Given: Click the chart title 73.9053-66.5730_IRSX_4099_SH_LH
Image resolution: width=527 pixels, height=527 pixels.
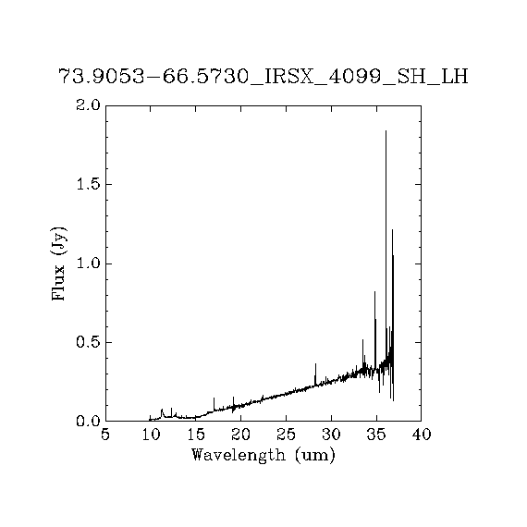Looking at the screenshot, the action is pyautogui.click(x=263, y=77).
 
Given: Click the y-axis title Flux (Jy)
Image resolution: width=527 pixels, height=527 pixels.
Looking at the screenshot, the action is pyautogui.click(x=58, y=263).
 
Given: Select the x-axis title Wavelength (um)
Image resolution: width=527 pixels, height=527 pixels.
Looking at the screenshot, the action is pyautogui.click(x=263, y=455).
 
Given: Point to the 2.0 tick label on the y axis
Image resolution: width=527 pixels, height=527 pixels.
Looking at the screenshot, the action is pyautogui.click(x=88, y=105).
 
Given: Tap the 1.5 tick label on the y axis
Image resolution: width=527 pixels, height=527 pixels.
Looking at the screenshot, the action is pyautogui.click(x=88, y=185).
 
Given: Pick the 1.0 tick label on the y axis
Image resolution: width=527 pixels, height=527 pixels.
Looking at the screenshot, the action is pyautogui.click(x=88, y=263).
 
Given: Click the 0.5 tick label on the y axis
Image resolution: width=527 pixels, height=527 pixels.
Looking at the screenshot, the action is pyautogui.click(x=88, y=342).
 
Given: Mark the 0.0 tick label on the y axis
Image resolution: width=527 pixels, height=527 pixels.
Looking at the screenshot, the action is pyautogui.click(x=88, y=421).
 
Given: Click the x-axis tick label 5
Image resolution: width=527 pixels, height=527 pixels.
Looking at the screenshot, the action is pyautogui.click(x=105, y=435).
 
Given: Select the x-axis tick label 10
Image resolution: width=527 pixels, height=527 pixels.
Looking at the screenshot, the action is pyautogui.click(x=151, y=435).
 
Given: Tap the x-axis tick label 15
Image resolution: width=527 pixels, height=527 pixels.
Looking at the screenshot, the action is pyautogui.click(x=196, y=435).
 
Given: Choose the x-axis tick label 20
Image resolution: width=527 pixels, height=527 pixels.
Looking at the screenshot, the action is pyautogui.click(x=241, y=435).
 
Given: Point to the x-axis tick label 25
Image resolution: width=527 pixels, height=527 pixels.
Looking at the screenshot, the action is pyautogui.click(x=286, y=435).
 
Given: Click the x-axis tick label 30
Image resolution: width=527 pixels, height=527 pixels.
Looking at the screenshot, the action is pyautogui.click(x=331, y=435).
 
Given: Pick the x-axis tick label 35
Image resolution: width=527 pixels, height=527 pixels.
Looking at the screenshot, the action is pyautogui.click(x=376, y=435).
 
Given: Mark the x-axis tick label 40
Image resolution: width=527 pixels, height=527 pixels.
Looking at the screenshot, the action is pyautogui.click(x=422, y=435).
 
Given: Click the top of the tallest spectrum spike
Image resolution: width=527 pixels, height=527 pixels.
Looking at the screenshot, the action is pyautogui.click(x=386, y=130).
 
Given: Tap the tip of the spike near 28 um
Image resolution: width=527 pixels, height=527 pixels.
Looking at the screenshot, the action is pyautogui.click(x=315, y=363).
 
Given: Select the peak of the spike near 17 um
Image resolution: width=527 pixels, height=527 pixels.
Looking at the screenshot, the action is pyautogui.click(x=214, y=398).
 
